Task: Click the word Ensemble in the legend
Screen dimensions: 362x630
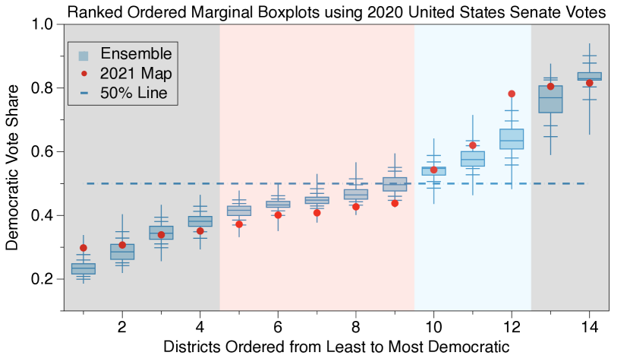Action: (136, 54)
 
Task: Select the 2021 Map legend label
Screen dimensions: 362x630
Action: (136, 74)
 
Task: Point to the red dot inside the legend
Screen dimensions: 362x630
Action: (84, 74)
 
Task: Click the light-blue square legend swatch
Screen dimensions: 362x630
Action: (83, 55)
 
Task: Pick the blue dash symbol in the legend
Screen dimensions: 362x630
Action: (84, 93)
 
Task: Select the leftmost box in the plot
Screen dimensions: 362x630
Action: (83, 268)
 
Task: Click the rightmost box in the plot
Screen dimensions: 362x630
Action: (589, 76)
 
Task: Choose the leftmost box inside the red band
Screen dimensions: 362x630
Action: (239, 211)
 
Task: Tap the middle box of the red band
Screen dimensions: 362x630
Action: (317, 201)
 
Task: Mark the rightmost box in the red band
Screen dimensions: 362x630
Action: (395, 184)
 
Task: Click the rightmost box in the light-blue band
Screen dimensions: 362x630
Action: (512, 139)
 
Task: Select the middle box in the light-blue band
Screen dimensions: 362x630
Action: (472, 159)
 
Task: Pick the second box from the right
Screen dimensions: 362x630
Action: (550, 99)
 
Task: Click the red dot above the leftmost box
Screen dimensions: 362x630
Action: (83, 248)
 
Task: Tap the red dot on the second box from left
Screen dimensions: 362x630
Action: (122, 245)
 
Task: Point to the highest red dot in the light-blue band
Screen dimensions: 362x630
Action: (512, 94)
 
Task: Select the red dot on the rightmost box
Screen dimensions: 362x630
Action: (590, 83)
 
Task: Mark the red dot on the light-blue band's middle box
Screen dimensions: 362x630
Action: (473, 145)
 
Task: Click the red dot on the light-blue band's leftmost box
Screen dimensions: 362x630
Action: (434, 170)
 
